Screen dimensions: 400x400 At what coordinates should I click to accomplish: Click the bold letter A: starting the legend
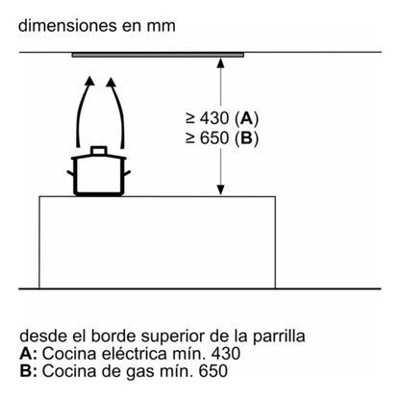point(25,355)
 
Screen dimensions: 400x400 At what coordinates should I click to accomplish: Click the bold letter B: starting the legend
point(25,372)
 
